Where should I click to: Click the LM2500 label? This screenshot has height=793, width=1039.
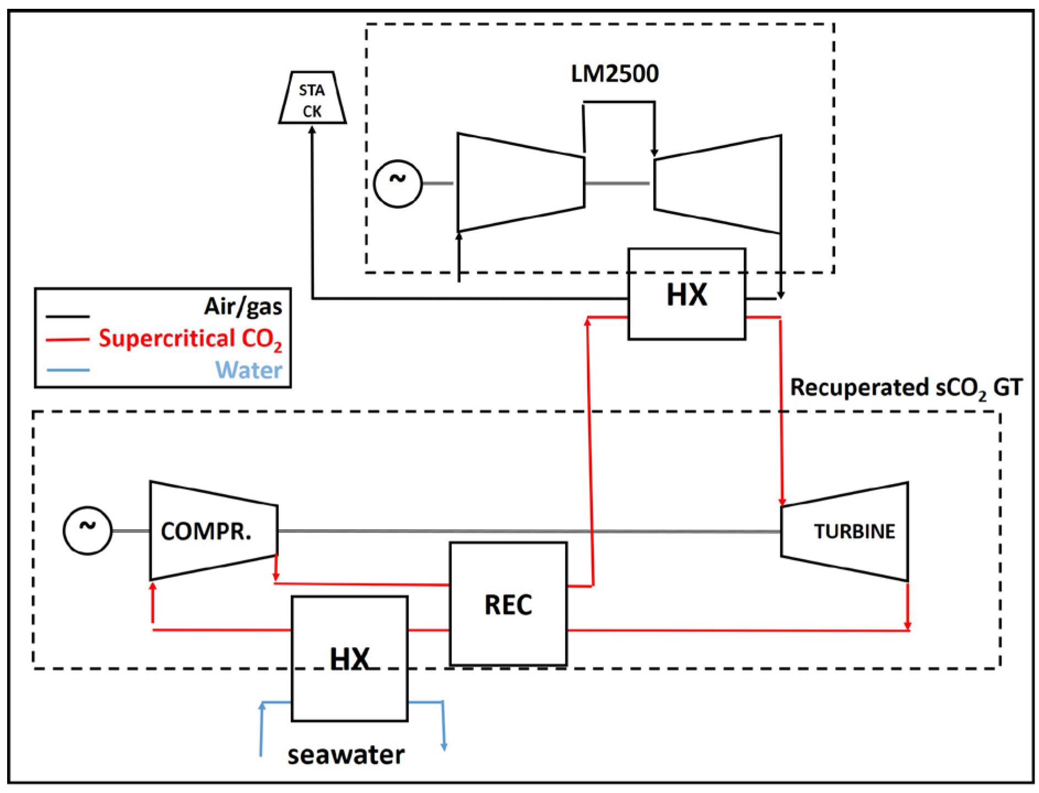614,74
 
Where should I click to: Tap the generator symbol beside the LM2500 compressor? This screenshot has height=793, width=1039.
398,184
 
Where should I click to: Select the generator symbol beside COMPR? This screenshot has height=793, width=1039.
88,530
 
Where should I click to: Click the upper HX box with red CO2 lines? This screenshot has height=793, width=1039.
686,294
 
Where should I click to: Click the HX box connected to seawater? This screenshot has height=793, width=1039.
349,659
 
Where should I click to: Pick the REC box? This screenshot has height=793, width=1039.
508,605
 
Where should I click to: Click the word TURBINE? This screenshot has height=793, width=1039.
854,531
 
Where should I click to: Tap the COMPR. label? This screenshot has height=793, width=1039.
206,531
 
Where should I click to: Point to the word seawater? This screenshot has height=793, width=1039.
346,755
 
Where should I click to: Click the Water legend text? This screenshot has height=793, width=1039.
248,370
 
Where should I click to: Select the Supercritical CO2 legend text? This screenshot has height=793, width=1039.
190,339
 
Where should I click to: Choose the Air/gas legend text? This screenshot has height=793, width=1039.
243,306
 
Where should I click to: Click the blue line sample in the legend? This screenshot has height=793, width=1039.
68,370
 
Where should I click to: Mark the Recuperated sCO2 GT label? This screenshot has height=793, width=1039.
906,388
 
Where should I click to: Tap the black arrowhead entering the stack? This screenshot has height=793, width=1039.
312,131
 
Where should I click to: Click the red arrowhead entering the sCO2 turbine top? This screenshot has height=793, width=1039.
782,501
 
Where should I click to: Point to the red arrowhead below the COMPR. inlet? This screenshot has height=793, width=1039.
153,588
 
